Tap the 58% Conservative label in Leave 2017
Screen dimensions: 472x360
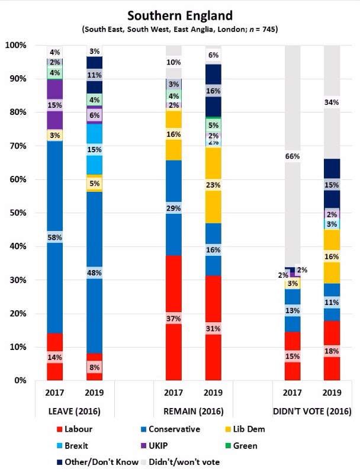[54, 237]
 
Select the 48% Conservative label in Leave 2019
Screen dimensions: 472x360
[95, 273]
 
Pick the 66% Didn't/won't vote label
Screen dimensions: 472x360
[292, 156]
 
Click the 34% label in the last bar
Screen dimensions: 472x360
[332, 102]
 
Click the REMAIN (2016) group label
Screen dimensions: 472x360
[194, 411]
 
